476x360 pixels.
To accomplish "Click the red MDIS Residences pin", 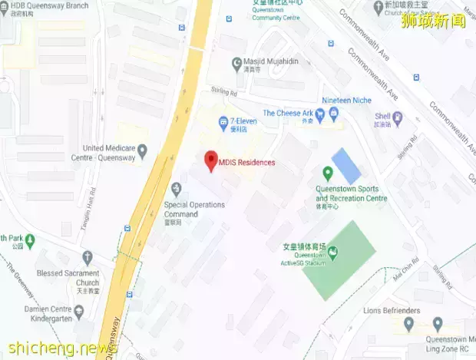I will (x=210, y=162).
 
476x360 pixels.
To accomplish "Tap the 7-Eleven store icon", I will (x=223, y=121).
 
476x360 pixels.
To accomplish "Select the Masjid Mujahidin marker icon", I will (x=236, y=64).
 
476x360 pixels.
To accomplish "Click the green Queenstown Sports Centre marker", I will (x=328, y=173).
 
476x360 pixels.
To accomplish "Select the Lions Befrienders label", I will (x=392, y=310).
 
